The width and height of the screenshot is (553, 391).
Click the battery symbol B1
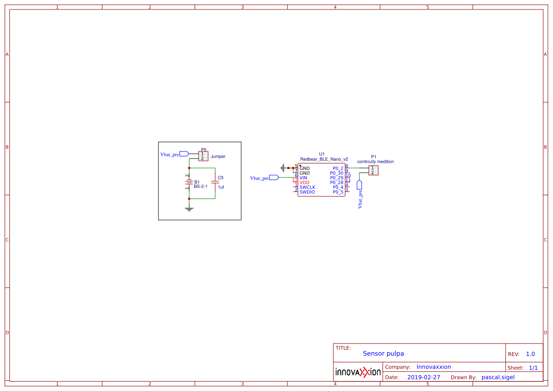pos(189,182)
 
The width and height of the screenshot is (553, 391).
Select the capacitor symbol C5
pos(215,182)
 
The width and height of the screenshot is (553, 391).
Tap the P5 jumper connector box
pos(203,156)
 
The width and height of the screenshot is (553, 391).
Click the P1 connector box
pos(373,170)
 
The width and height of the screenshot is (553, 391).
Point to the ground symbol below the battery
pos(189,209)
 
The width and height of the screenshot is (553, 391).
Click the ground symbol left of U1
pos(283,168)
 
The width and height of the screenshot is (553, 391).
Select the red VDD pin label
pos(304,182)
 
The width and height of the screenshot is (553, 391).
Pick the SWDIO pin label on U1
pos(307,192)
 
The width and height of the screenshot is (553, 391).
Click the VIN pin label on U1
pos(303,178)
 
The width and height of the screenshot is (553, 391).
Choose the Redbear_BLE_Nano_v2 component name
pos(324,159)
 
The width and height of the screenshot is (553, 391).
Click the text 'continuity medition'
pos(375,161)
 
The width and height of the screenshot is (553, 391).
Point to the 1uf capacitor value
pos(221,187)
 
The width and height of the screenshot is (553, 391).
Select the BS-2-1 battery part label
pos(200,187)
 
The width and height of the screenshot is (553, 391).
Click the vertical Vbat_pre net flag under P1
pos(360,194)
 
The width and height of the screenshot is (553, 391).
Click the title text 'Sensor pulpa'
pos(383,354)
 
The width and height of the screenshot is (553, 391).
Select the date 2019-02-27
pos(423,377)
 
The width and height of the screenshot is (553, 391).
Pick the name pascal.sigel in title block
pos(498,377)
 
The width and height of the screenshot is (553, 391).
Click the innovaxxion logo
pos(358,372)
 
